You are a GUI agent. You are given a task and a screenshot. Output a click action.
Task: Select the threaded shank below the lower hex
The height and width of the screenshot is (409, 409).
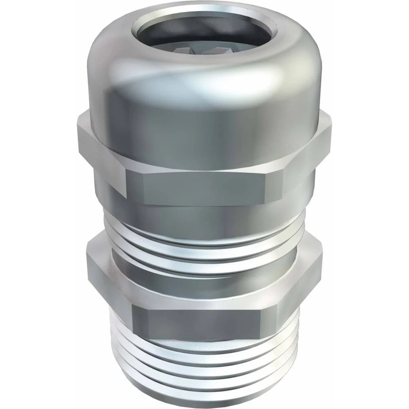(204, 360)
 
